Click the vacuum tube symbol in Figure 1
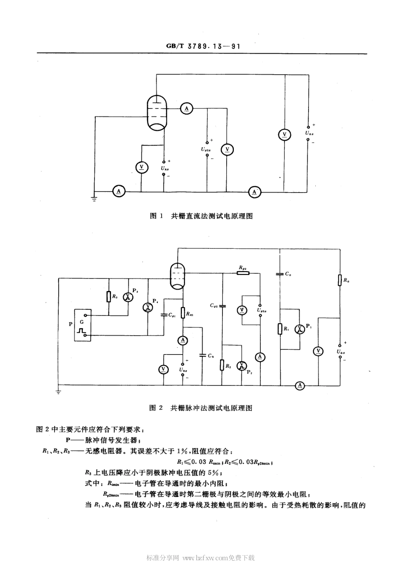[157, 111]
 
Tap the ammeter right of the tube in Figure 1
[186, 109]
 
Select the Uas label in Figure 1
[309, 134]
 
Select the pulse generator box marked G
[82, 325]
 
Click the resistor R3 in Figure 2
[109, 297]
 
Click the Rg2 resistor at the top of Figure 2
[243, 273]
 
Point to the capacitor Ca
[279, 274]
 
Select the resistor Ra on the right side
[340, 280]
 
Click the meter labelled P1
[299, 329]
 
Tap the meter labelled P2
[241, 365]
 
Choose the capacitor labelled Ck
[203, 355]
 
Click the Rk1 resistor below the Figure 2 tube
[183, 313]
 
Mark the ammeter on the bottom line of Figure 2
[300, 385]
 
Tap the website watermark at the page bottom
[200, 558]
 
